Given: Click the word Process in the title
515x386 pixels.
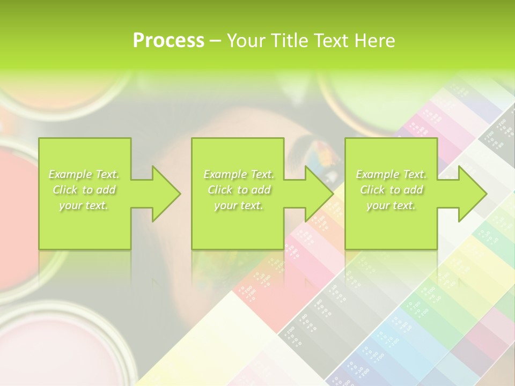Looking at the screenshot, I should [x=168, y=41].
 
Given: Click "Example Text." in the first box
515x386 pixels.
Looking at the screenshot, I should [x=84, y=174].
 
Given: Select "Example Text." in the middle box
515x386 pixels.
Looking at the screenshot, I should [x=239, y=174].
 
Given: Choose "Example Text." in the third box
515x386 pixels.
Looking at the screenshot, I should [x=391, y=174].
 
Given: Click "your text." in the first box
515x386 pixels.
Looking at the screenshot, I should [x=84, y=205].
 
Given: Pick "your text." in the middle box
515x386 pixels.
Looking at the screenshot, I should [x=239, y=205].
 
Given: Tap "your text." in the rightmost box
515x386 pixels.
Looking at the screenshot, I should [x=391, y=205].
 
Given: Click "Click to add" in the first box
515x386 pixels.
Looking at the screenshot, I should [x=84, y=190].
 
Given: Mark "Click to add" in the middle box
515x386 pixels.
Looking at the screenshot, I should [x=239, y=190].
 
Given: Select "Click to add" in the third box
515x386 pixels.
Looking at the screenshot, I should [x=391, y=190].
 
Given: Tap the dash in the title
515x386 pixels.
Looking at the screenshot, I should [x=215, y=41].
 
